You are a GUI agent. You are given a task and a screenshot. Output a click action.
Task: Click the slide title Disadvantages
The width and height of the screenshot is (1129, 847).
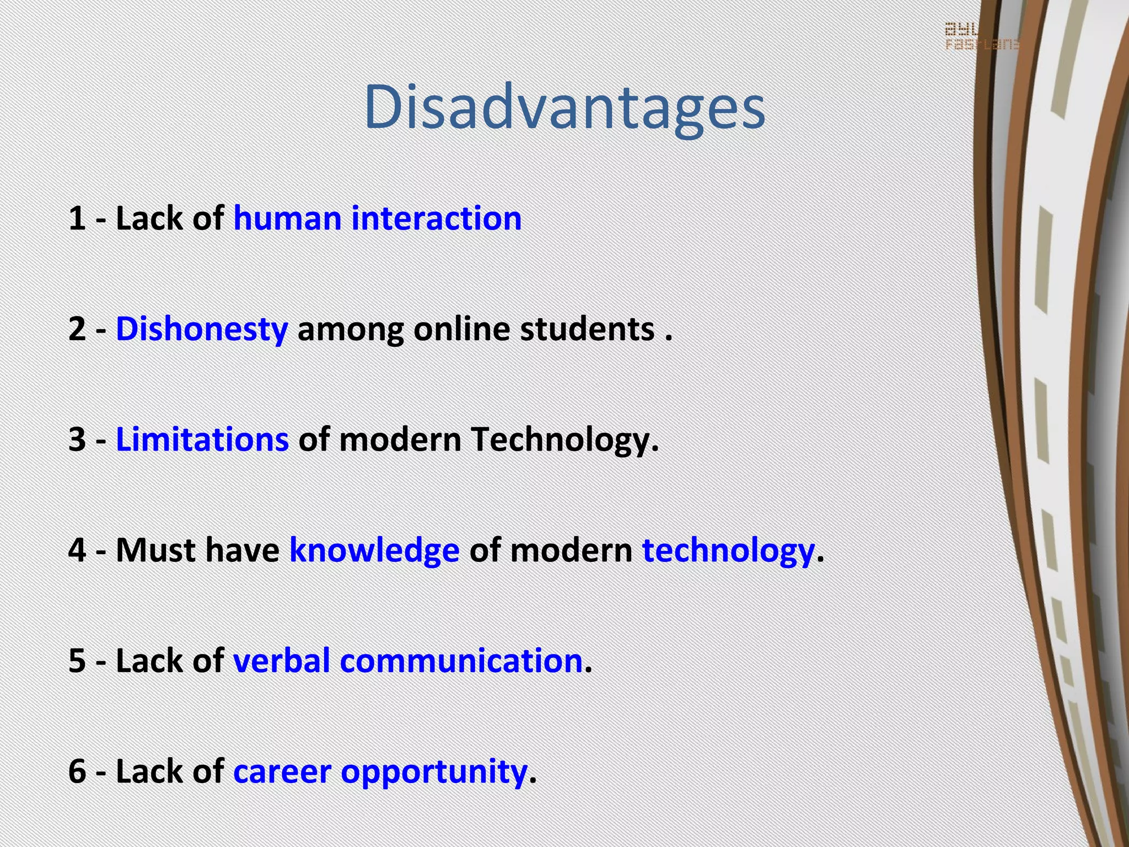click(564, 108)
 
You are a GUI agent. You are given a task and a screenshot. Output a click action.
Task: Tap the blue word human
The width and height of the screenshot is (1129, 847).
click(287, 218)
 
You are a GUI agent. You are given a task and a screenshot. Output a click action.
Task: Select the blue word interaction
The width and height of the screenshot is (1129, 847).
click(436, 218)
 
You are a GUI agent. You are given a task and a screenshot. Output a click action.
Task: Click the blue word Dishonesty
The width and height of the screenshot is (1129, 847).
click(202, 330)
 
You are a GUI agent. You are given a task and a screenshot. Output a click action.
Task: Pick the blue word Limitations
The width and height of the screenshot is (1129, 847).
click(202, 440)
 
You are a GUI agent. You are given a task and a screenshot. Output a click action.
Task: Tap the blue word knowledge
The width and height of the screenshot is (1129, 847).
click(374, 551)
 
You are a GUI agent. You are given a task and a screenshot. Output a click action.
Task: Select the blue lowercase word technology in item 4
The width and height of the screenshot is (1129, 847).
click(728, 551)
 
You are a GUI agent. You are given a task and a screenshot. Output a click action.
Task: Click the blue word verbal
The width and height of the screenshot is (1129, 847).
click(281, 661)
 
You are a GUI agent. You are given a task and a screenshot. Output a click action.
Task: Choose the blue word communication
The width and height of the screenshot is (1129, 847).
click(461, 661)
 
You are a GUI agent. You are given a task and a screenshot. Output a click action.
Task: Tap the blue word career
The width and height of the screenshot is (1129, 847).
click(282, 771)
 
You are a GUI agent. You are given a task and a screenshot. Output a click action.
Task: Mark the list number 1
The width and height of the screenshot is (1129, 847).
click(77, 218)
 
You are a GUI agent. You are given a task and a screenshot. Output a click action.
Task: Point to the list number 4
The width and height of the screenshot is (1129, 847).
click(77, 550)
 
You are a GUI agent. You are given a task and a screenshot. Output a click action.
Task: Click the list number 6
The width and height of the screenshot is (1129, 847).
click(77, 771)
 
